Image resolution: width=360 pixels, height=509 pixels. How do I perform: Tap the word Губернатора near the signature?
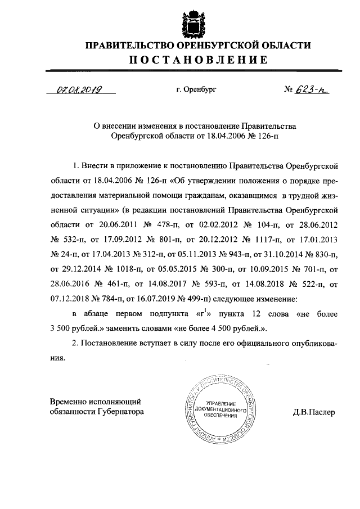click(116, 412)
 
